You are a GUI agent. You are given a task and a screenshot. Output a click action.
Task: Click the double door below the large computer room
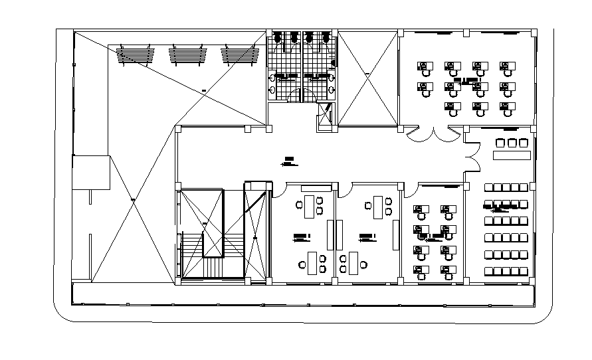click(x=434, y=135)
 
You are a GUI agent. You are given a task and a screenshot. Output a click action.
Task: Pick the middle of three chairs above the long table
click(x=512, y=142)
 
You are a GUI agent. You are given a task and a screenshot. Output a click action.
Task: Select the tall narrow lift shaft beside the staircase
click(x=257, y=232)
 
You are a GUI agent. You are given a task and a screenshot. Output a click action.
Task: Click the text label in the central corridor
click(x=289, y=159)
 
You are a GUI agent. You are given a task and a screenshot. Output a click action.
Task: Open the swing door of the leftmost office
click(x=279, y=190)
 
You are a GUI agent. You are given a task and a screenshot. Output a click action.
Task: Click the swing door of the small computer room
click(x=410, y=191)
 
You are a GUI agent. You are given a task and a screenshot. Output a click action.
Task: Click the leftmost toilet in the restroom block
click(x=278, y=37)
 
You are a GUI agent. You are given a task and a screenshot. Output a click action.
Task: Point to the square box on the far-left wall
click(x=91, y=173)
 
